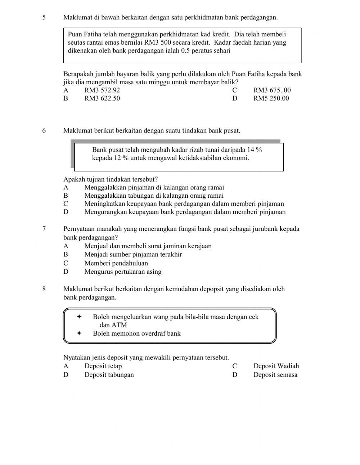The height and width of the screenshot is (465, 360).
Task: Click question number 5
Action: pos(44,17)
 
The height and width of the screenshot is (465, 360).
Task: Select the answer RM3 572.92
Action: pos(102,90)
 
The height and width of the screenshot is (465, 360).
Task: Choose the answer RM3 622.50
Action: pos(102,98)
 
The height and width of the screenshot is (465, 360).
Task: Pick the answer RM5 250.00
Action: pos(271,98)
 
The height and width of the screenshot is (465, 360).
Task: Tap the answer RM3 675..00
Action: pos(272,90)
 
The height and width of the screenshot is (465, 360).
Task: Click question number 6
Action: pos(44,130)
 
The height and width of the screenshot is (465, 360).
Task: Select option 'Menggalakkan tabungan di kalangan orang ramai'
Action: pos(154,196)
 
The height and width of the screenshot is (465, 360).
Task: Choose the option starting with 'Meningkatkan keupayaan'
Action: pos(184,204)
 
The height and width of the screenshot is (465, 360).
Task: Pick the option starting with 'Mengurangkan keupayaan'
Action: pos(185,212)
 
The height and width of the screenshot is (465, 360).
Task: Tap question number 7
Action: pos(44,229)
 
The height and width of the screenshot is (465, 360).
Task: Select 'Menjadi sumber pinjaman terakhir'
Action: pos(133,255)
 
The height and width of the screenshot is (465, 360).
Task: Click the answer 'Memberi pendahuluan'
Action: pos(116,263)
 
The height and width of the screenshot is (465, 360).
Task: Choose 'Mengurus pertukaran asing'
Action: pos(123,272)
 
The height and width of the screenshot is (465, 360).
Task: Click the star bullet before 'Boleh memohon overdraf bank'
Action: pos(79,333)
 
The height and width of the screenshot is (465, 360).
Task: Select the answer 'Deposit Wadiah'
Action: pos(276,366)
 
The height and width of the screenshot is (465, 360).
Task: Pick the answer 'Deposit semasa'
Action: pos(275,375)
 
